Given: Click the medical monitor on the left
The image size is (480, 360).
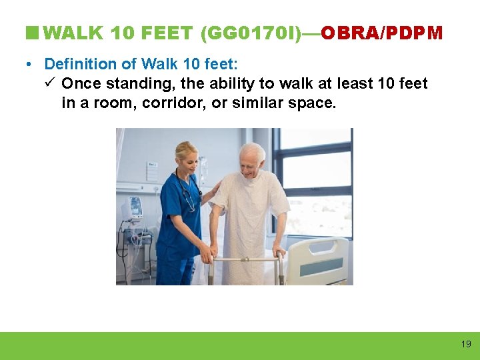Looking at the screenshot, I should coord(135,208).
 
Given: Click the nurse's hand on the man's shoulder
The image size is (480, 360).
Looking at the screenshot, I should coord(214,193).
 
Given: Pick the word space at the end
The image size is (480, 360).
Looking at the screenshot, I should coord(315,103).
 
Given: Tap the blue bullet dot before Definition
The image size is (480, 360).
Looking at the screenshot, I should coord(29,65).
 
